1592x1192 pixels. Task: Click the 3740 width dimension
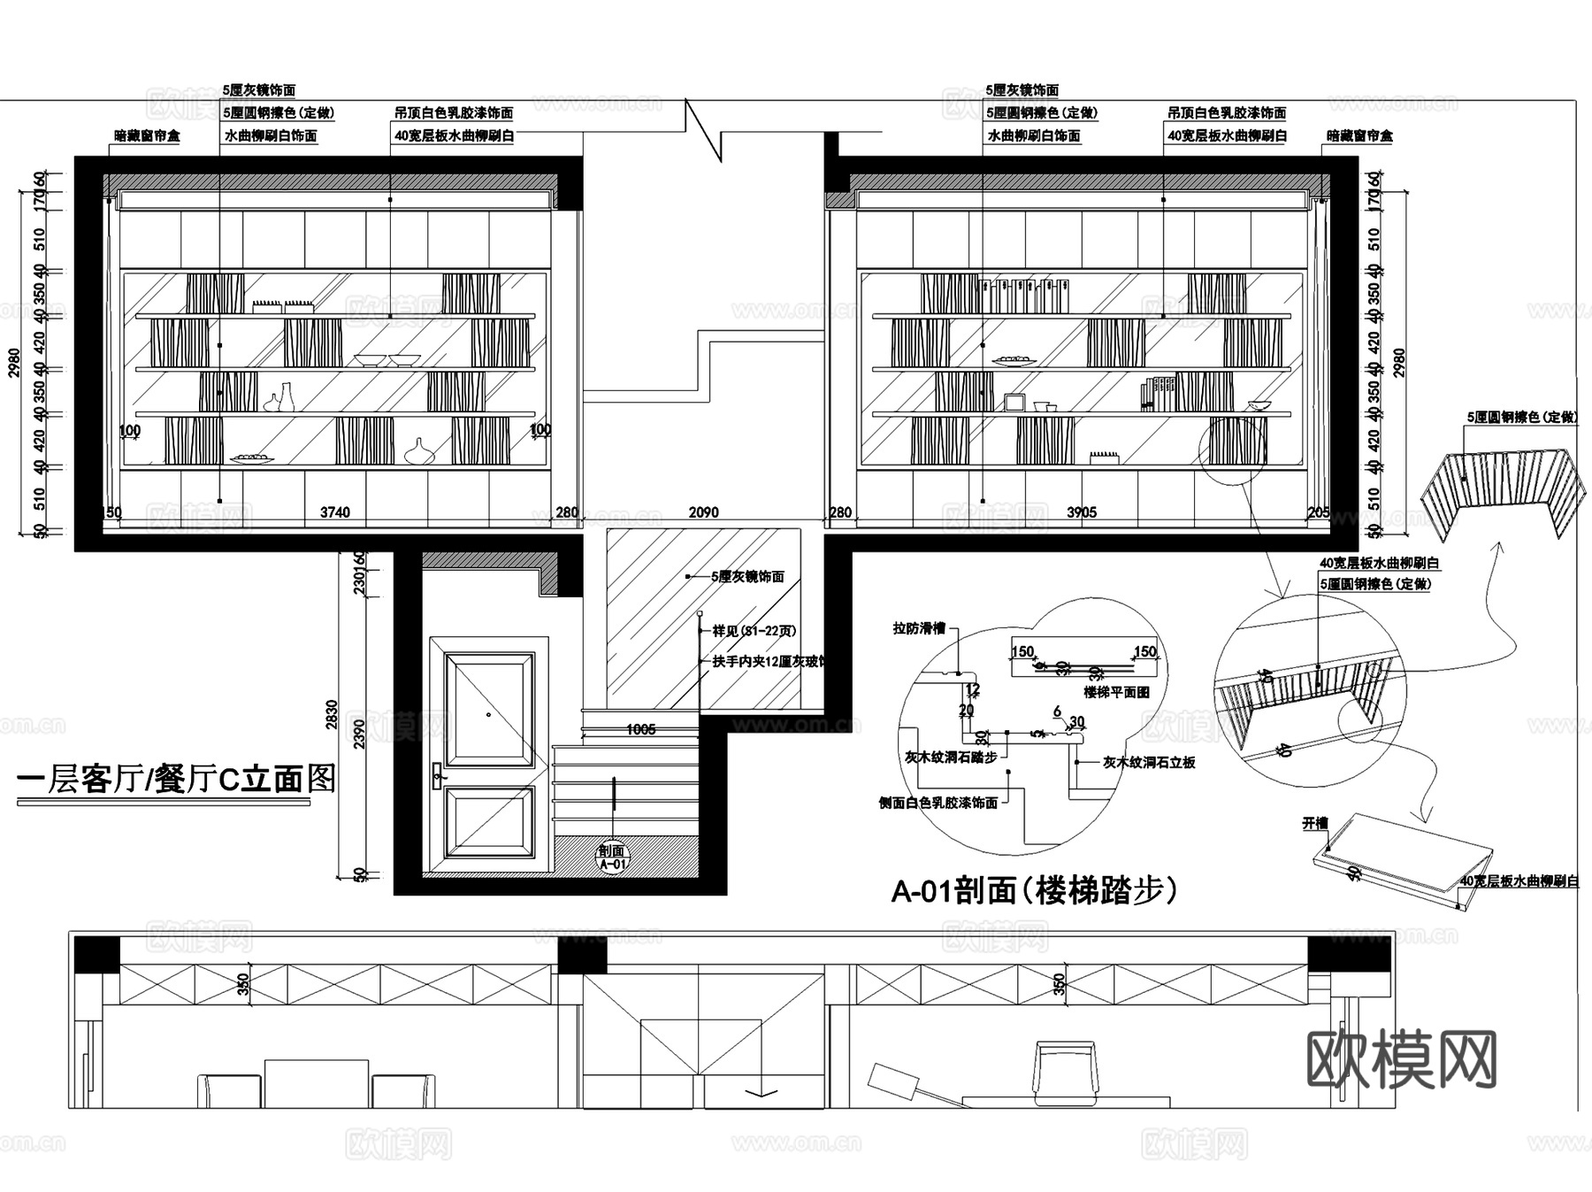click(x=334, y=512)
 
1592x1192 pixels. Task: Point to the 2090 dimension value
click(x=703, y=512)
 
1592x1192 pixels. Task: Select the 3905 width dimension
click(x=1082, y=512)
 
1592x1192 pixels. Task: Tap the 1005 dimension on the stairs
click(x=640, y=730)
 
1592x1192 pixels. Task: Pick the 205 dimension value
click(x=1318, y=512)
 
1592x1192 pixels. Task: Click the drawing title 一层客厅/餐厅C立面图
click(x=177, y=780)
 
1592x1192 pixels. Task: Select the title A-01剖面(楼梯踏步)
click(x=1034, y=891)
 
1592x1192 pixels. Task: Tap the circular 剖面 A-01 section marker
click(x=613, y=857)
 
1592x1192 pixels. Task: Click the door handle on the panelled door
click(x=436, y=778)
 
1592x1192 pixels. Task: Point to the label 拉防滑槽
click(x=919, y=628)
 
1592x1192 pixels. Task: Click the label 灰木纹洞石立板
click(x=1149, y=762)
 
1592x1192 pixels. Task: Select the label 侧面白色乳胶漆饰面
click(x=938, y=803)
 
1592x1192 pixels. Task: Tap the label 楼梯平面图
click(x=1116, y=692)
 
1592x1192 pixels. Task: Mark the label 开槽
click(x=1315, y=823)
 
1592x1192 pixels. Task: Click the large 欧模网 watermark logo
click(x=1401, y=1059)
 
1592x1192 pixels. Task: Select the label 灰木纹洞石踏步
click(x=951, y=757)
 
